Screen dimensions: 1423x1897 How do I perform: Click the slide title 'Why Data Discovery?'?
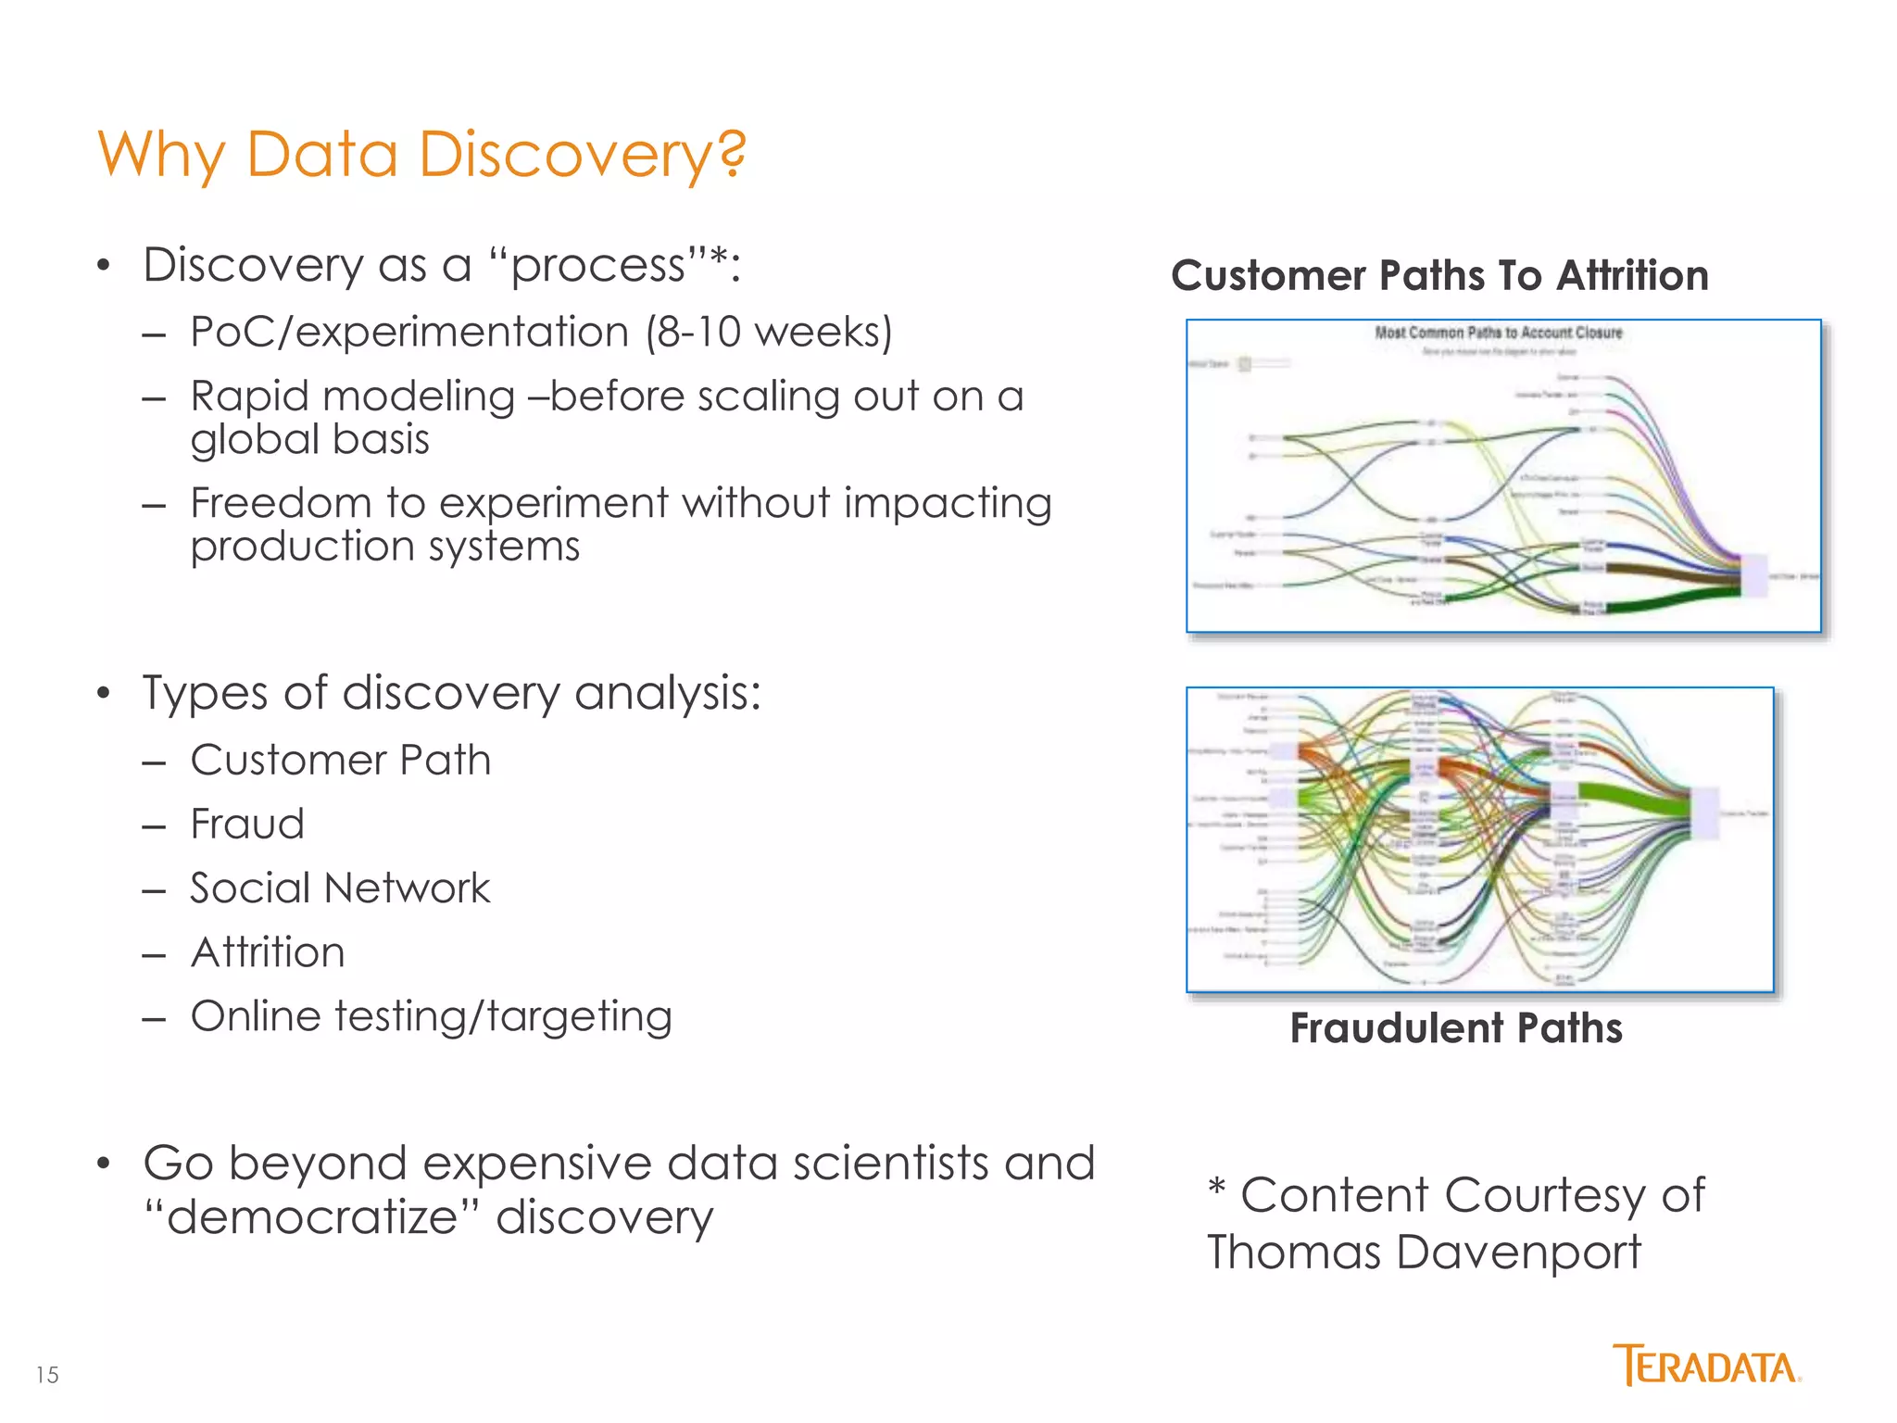pos(421,154)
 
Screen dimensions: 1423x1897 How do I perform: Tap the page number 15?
pos(47,1375)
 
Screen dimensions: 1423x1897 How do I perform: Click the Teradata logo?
pos(1706,1366)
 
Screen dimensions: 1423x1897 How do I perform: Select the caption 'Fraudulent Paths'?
pos(1456,1028)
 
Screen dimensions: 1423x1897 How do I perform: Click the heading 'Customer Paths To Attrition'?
pos(1439,276)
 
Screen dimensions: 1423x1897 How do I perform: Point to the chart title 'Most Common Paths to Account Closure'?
pos(1498,333)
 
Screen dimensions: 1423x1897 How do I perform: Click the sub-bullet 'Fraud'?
pos(246,824)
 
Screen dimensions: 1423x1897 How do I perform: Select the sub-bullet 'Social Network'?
pos(339,888)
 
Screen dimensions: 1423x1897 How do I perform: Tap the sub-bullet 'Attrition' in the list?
pos(268,952)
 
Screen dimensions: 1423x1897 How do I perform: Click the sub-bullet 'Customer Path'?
pos(340,760)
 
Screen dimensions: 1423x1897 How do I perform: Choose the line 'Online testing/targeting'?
pos(431,1016)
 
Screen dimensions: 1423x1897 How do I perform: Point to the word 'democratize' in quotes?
pos(311,1216)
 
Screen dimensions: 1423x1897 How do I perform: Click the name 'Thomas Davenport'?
pos(1424,1253)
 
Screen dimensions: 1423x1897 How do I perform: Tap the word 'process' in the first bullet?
pos(597,266)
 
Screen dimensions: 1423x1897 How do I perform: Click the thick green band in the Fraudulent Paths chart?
pos(1630,799)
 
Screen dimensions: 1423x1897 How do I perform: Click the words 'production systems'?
pos(384,546)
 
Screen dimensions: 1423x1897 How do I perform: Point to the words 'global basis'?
pos(309,439)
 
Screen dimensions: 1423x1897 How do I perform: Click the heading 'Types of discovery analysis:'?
pos(451,693)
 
